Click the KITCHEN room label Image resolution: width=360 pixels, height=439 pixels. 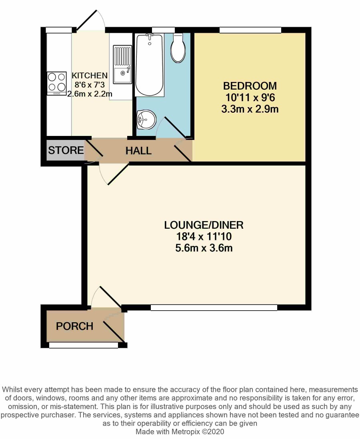pos(90,75)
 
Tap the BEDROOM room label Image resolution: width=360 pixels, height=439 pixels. pos(250,86)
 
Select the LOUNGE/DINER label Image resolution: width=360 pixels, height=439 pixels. pos(204,225)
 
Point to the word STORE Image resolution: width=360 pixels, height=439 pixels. pos(66,150)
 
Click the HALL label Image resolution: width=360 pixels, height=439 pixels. pos(138,151)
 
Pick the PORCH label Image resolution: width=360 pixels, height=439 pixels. pos(74,326)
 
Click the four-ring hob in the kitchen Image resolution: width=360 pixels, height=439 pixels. pos(57,84)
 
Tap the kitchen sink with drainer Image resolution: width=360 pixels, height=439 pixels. pos(122,64)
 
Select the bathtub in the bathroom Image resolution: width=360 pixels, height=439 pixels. pos(150,65)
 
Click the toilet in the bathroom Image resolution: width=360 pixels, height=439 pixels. pos(178,48)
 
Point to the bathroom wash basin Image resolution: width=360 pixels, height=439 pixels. pos(146,120)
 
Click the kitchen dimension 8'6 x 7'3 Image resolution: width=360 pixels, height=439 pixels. pos(89,84)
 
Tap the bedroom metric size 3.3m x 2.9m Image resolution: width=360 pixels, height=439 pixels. pos(250,109)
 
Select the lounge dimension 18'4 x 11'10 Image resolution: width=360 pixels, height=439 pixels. pos(204,237)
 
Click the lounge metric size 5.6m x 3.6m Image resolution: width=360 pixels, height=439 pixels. pos(204,248)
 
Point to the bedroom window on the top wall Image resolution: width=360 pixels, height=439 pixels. pos(250,30)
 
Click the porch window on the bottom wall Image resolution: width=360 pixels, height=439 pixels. pos(84,345)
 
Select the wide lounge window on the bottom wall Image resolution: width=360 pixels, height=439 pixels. pos(214,307)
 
